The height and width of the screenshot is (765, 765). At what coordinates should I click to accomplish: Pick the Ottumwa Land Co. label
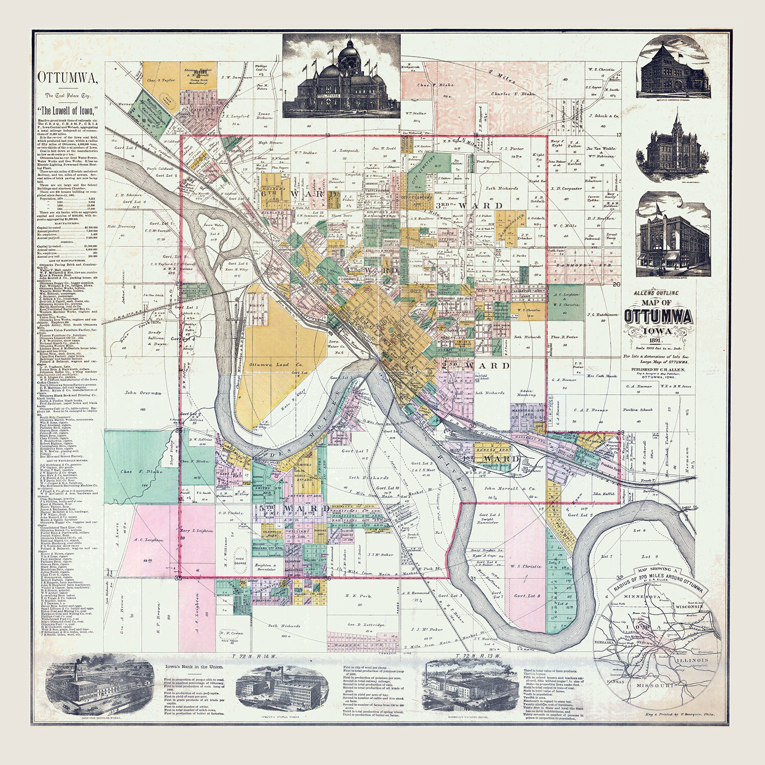click(276, 365)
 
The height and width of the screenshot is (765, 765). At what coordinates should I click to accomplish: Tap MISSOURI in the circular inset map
click(655, 685)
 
